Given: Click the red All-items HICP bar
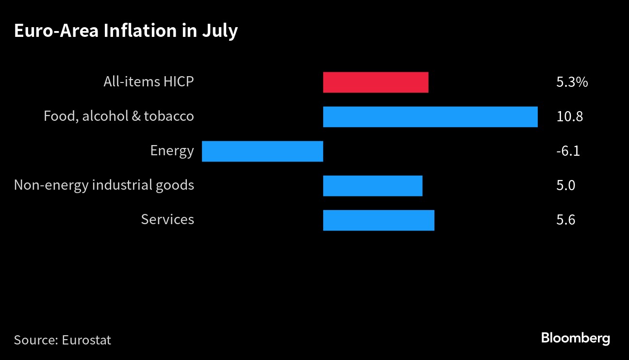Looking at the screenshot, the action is (x=376, y=82).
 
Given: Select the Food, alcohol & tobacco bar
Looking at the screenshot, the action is (x=430, y=117).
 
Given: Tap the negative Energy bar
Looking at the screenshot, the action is (x=263, y=151).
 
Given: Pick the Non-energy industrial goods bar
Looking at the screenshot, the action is (x=373, y=186).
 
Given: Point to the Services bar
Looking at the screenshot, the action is (x=379, y=220).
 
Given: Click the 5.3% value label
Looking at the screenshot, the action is (x=572, y=82).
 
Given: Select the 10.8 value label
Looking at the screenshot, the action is (x=569, y=116).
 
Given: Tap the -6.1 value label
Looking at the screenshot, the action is (x=568, y=151).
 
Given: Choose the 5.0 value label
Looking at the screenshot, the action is (x=566, y=186).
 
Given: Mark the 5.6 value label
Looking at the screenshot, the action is (x=566, y=220).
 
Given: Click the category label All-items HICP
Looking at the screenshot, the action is (x=149, y=82).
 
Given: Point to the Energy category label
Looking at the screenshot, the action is (x=172, y=151).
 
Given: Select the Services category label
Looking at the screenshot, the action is (x=167, y=219).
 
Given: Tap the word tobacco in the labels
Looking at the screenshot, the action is (x=169, y=116).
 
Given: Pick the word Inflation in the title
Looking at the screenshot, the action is (x=140, y=31).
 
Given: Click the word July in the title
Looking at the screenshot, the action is (x=220, y=32).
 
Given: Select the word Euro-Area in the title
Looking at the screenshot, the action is (x=56, y=31).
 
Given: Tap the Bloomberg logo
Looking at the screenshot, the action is (x=576, y=338).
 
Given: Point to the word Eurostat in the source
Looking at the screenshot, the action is (x=86, y=340).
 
